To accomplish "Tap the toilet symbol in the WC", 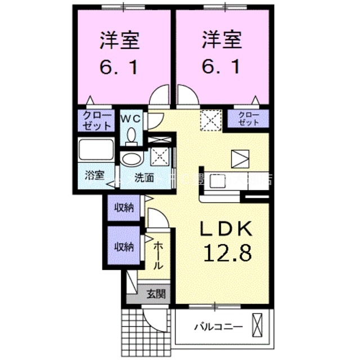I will [131, 136].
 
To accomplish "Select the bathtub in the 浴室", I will [96, 150].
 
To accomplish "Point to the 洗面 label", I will [143, 178].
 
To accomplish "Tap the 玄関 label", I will [156, 293].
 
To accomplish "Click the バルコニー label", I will [218, 326].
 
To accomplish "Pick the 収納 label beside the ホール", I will [124, 246].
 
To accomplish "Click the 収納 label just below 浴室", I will [124, 208].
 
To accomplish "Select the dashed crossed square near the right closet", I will [212, 119].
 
